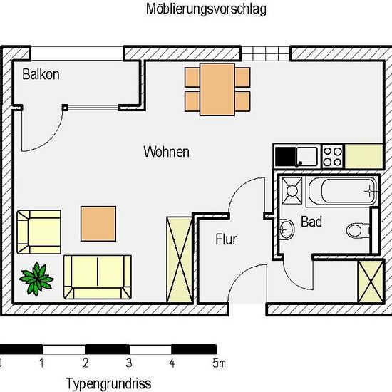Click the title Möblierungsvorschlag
click(206, 9)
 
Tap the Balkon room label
click(41, 74)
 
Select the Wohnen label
click(167, 152)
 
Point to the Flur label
click(226, 239)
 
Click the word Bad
click(311, 222)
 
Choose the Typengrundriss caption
click(109, 383)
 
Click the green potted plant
click(37, 279)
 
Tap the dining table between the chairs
click(217, 89)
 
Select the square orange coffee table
click(98, 224)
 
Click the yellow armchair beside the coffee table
click(38, 232)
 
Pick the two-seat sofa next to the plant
click(98, 277)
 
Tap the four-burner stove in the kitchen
click(333, 157)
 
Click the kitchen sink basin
click(306, 156)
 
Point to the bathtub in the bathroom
click(342, 191)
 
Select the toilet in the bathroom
click(358, 230)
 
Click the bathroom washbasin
click(287, 229)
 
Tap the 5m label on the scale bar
click(219, 363)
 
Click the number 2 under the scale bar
click(86, 363)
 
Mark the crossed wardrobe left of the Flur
click(179, 259)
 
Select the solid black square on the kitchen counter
click(285, 157)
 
